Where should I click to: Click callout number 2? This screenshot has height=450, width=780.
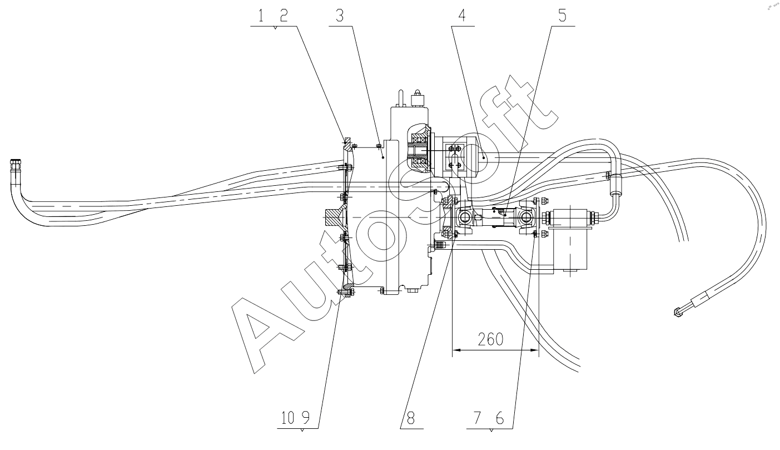pos(284,16)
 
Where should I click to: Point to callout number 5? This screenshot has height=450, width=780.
pos(562,16)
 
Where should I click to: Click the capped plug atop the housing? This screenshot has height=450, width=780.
pos(418,100)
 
